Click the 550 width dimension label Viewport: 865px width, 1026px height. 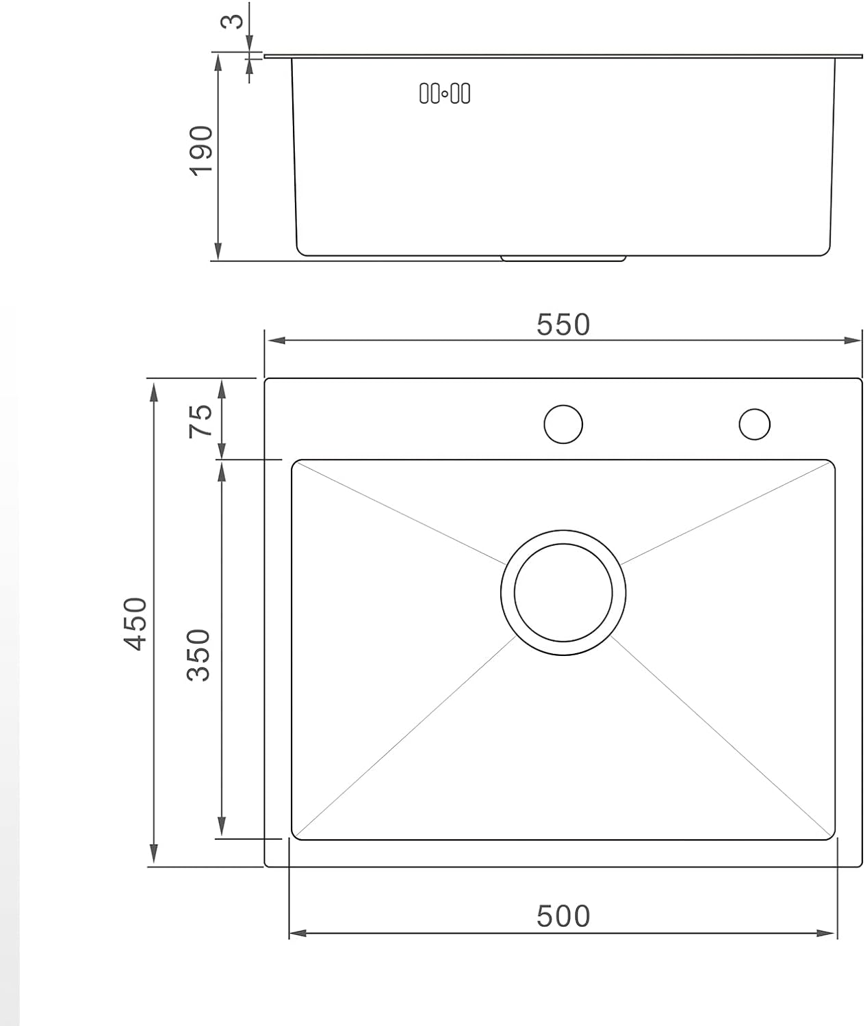tap(563, 325)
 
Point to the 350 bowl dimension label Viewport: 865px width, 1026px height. tap(198, 655)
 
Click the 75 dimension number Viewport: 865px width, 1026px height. tap(201, 421)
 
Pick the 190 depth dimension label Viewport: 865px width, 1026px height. tap(201, 151)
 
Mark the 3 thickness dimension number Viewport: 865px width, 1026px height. tap(231, 21)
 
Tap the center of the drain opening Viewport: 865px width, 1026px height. tap(563, 592)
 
